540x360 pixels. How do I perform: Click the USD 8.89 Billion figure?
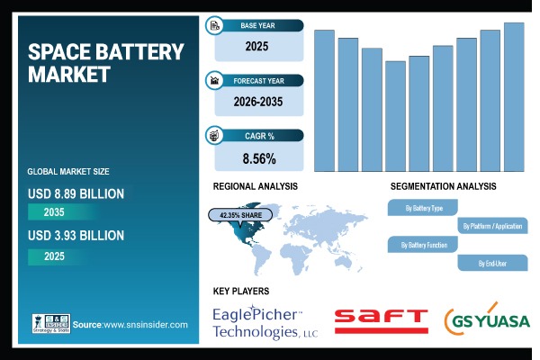coord(76,193)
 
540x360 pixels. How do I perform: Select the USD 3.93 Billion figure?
coord(76,236)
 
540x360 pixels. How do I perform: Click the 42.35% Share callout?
coord(241,215)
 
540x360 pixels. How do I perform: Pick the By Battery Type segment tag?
coord(424,209)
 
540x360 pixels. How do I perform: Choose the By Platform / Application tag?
coord(492,226)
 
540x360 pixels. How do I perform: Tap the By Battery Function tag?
coord(424,244)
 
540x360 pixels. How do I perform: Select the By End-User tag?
coord(492,263)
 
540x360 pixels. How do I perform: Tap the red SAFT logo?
coord(381,319)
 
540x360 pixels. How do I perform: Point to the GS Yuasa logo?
coord(487,320)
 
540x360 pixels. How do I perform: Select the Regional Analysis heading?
coord(255,186)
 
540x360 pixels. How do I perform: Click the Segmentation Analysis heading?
coord(443,186)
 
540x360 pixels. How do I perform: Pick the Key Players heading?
coord(240,292)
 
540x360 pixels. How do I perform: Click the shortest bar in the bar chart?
coord(395,116)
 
